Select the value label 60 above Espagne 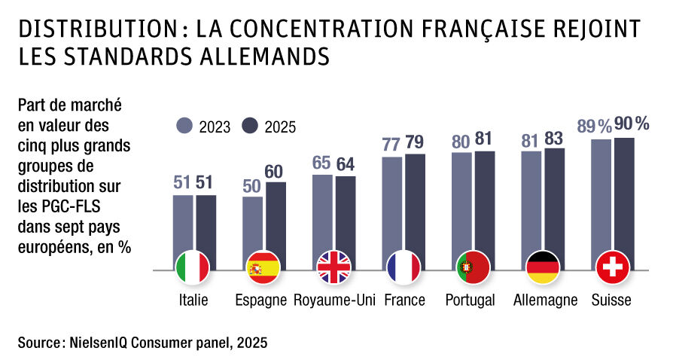(276, 170)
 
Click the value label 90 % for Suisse (631, 124)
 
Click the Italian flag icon (193, 267)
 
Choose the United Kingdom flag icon (333, 267)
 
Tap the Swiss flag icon (613, 267)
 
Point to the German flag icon (543, 267)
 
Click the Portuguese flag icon (473, 267)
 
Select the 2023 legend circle (186, 126)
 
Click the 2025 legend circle (251, 126)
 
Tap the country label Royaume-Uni (333, 301)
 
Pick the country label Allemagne (545, 301)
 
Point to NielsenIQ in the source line (98, 343)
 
